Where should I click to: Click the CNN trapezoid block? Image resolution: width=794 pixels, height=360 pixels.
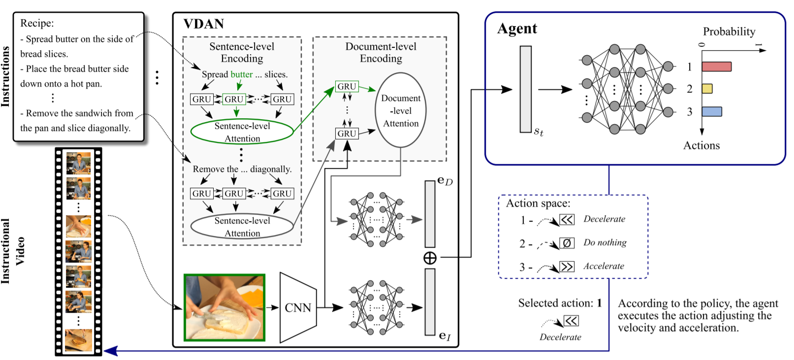(x=298, y=308)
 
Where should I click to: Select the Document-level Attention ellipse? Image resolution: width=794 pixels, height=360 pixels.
(x=401, y=110)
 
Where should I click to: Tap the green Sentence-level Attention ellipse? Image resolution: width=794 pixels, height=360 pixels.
(x=242, y=131)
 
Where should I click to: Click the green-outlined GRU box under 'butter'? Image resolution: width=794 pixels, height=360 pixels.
(x=234, y=99)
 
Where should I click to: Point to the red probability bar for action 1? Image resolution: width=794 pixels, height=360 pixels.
(x=716, y=66)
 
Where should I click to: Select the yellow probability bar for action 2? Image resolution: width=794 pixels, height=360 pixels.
(x=707, y=89)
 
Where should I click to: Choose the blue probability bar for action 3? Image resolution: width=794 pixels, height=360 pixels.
(x=712, y=112)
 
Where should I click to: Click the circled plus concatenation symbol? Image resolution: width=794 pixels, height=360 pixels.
(x=430, y=258)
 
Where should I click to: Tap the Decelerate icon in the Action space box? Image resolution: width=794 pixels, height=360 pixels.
(x=567, y=220)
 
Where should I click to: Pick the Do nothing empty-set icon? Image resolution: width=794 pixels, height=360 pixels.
(x=567, y=243)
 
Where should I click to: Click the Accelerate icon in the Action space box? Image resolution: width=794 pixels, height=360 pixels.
(x=567, y=266)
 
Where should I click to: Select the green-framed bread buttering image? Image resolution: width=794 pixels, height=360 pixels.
(x=224, y=308)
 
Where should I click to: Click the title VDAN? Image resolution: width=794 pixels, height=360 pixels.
(x=203, y=24)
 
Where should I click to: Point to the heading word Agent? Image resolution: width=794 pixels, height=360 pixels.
(x=517, y=29)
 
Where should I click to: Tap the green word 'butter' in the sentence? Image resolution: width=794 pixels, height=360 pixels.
(x=242, y=74)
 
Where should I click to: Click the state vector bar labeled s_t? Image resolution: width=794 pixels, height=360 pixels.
(x=526, y=89)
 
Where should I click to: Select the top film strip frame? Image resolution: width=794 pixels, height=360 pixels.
(x=79, y=163)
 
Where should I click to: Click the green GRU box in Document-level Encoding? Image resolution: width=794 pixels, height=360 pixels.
(x=347, y=87)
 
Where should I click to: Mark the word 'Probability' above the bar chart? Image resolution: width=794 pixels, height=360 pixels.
(x=729, y=32)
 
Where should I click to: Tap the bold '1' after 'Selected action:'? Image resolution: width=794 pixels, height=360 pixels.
(x=599, y=303)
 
